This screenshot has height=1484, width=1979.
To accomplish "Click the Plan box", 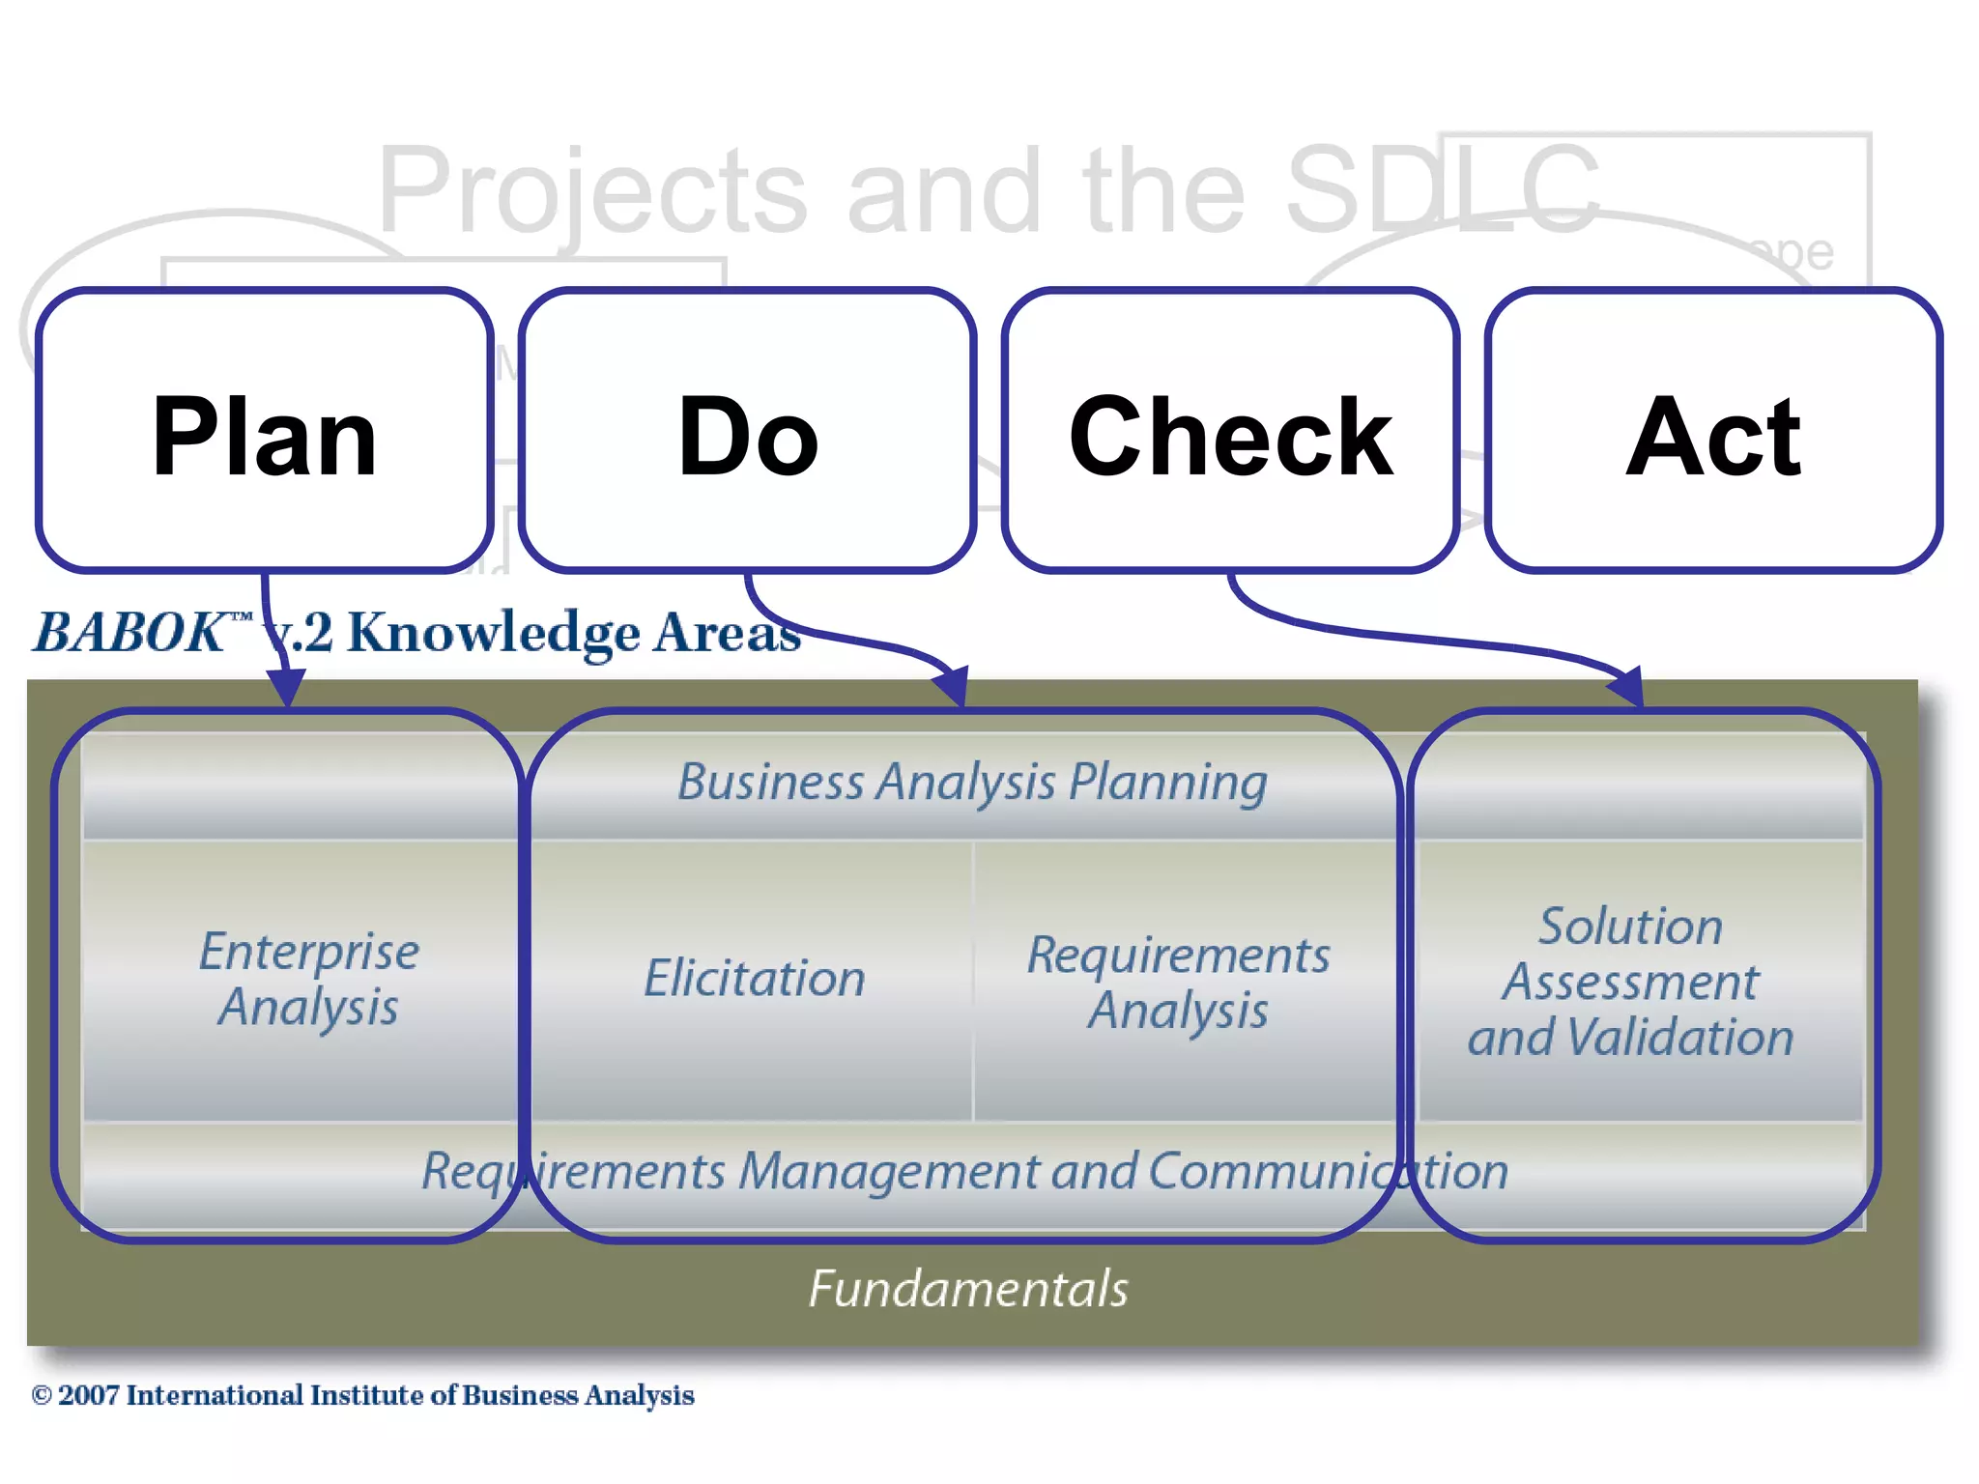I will coord(264,431).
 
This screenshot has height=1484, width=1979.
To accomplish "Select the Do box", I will coord(747,431).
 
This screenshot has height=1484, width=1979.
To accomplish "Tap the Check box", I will coord(1230,431).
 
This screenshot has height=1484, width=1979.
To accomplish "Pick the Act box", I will coord(1713,431).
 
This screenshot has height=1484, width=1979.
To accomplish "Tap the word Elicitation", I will coord(754,978).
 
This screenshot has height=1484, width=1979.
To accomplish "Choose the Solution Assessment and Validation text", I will coord(1631,981).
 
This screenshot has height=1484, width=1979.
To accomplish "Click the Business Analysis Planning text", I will coord(972,782).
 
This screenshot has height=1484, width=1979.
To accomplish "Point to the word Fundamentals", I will coord(968,1289).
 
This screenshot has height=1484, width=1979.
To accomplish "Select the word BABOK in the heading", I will coord(130,633).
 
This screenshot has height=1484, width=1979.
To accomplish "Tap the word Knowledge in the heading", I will coord(493,633).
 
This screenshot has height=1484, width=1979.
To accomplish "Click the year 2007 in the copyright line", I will coord(89,1395).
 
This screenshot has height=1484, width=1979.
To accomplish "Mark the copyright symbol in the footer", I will coord(42,1395).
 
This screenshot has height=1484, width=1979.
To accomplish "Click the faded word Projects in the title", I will coord(591,191).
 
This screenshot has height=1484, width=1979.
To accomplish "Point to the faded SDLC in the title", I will coord(1440,189).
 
